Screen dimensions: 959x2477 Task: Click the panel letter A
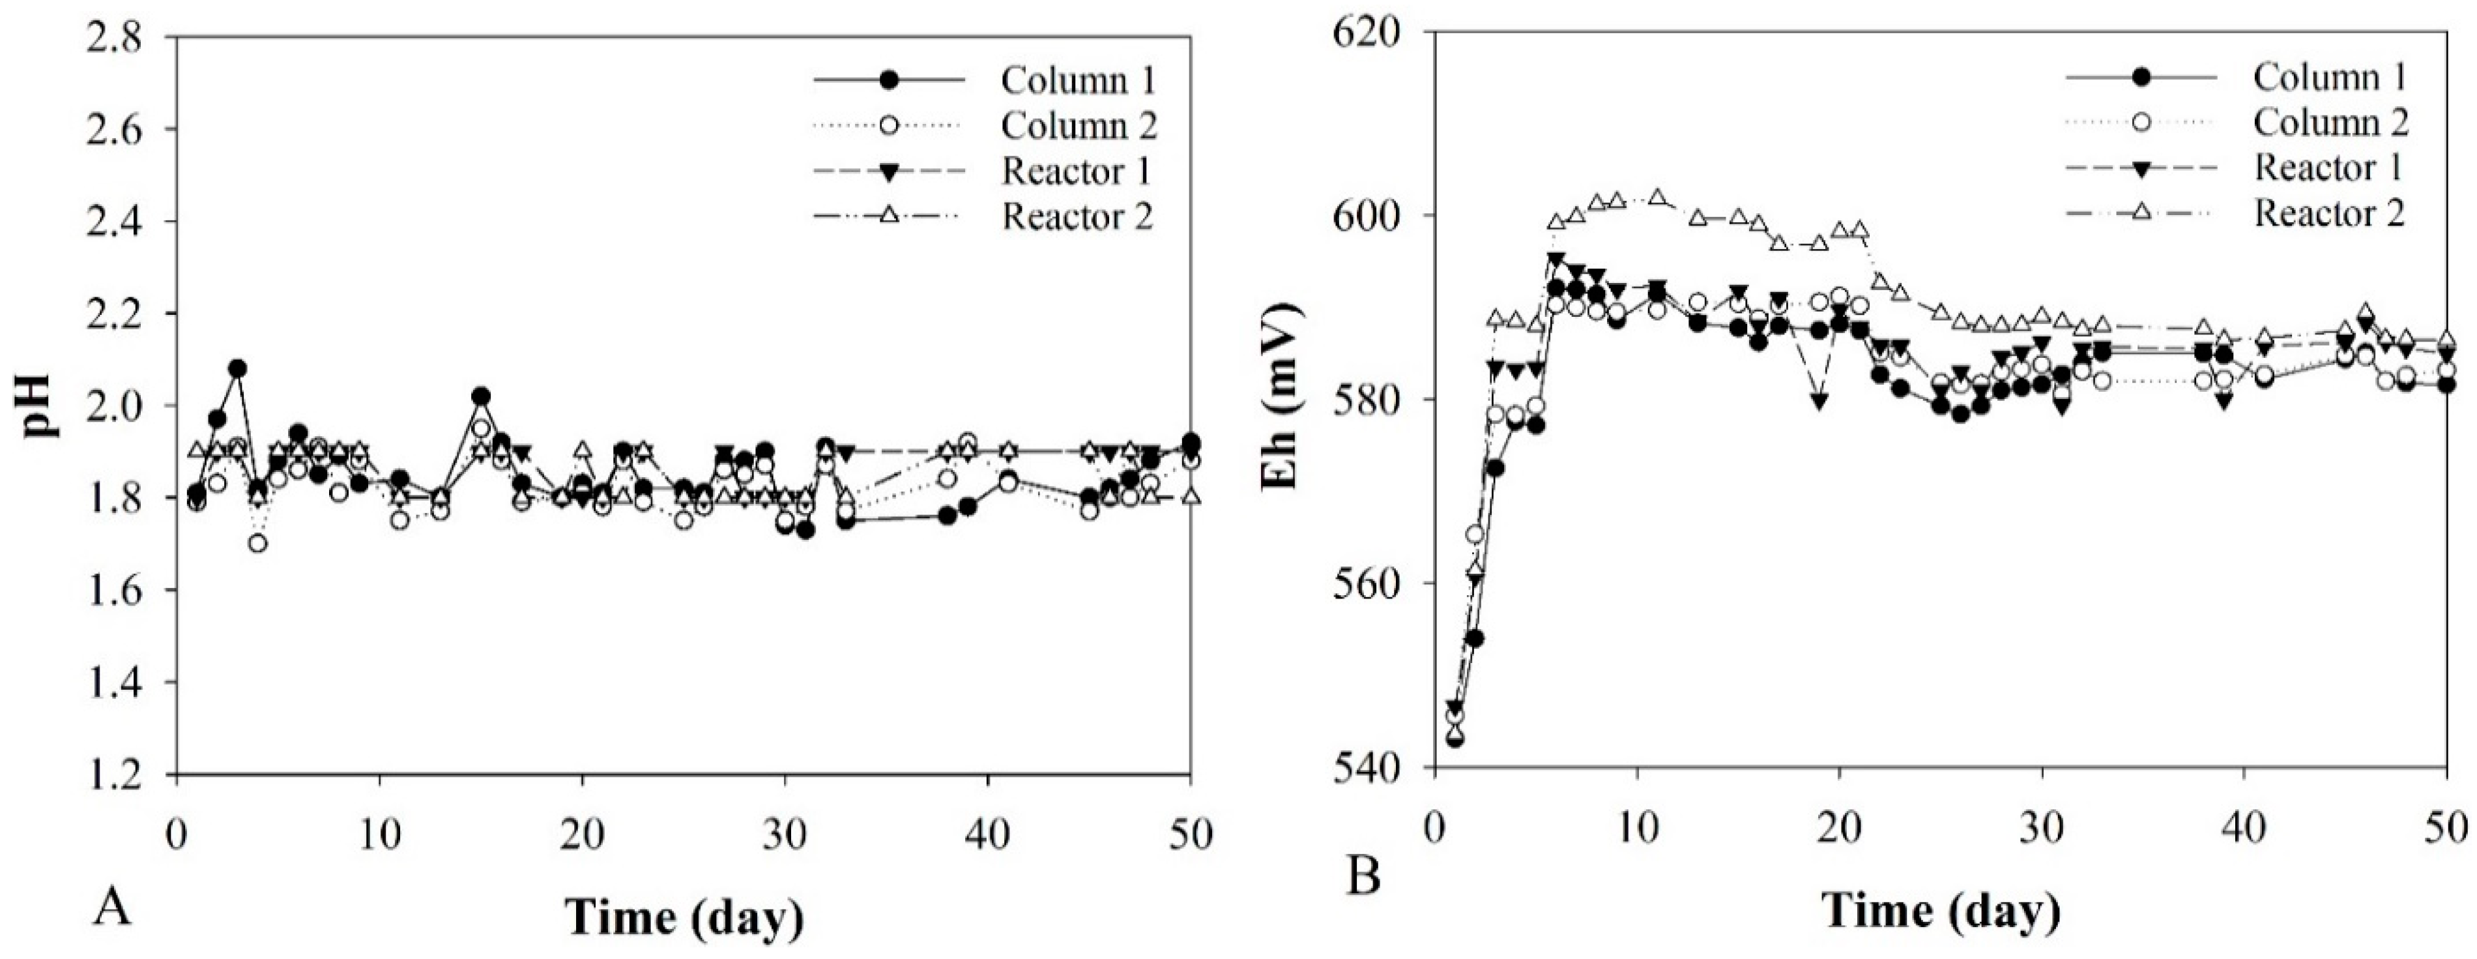tap(113, 907)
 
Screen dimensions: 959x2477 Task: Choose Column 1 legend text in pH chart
tap(1078, 81)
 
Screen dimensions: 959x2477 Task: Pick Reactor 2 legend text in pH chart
tap(1077, 216)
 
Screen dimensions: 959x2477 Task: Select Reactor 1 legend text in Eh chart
tap(2328, 168)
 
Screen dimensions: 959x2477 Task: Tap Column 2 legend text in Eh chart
tap(2330, 122)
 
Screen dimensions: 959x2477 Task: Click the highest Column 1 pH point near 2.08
tap(237, 368)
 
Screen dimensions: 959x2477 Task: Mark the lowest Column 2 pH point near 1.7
tap(257, 544)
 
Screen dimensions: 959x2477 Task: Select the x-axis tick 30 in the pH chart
tap(785, 834)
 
